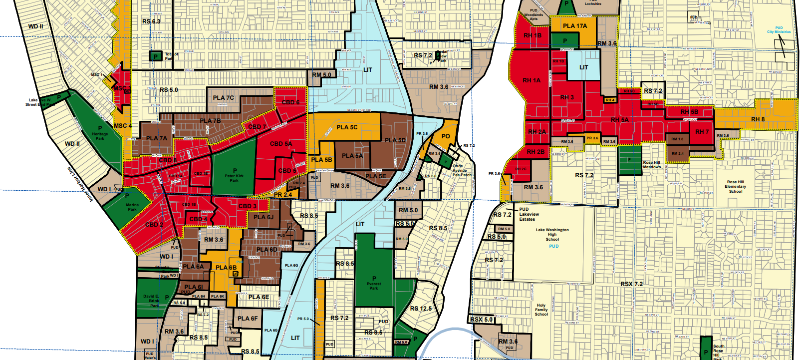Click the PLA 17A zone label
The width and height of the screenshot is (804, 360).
point(575,25)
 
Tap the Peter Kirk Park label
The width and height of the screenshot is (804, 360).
point(234,175)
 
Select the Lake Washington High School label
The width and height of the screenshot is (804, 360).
point(552,235)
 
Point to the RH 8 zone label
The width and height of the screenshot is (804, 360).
point(758,119)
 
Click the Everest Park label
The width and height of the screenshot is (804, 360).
point(374,283)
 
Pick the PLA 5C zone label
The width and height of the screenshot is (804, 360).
point(347,127)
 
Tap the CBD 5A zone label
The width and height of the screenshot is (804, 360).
point(281,144)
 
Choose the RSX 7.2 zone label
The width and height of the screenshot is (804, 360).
point(631,284)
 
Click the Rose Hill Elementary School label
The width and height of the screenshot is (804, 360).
point(735,187)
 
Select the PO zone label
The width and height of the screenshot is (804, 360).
point(446,136)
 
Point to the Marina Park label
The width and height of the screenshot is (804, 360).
point(132,207)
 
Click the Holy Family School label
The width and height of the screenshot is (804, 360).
point(541,310)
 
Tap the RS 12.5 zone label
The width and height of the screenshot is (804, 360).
point(421,309)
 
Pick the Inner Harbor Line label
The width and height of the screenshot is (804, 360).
point(80,184)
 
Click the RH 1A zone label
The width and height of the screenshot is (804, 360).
point(531,80)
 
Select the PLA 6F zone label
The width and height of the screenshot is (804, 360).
point(248,318)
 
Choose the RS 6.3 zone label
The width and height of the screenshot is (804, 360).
point(151,21)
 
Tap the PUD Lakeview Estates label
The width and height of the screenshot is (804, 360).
point(528,214)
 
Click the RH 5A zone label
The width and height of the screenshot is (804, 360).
point(620,120)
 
